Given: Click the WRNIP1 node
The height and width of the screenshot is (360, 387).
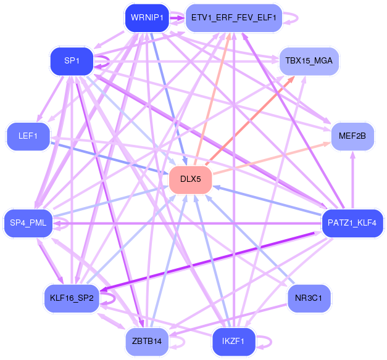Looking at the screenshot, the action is point(147,18).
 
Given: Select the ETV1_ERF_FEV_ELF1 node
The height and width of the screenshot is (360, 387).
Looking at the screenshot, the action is point(233,18).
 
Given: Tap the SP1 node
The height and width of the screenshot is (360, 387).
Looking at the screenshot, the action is point(72,61).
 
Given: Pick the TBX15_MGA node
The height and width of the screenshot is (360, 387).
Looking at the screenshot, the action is point(309,61).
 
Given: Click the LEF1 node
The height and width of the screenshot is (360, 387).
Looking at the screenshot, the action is point(28,136).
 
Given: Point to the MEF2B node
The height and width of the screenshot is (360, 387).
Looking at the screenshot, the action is point(352,136).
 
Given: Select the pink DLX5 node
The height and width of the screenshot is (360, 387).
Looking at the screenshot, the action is point(190,179).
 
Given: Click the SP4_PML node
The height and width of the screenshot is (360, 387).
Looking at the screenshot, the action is point(28,223).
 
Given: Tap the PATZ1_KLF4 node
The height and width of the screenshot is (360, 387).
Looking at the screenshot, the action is point(352,223).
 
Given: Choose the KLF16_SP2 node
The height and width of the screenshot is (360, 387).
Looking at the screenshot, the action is point(72,298).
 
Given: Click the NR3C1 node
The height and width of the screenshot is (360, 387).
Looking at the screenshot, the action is point(309,298).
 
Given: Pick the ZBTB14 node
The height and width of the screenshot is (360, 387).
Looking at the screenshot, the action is point(147,342).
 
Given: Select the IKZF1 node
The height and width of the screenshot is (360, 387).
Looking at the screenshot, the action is point(233,342).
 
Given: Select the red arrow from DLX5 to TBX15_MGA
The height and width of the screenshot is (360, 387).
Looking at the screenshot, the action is point(250,121).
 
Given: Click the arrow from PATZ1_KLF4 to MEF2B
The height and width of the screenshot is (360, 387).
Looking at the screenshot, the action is point(353,180).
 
